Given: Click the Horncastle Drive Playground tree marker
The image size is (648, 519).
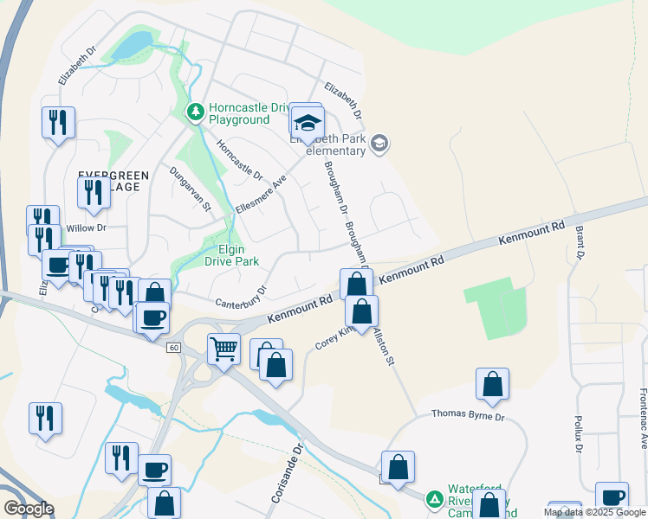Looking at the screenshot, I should (x=196, y=112).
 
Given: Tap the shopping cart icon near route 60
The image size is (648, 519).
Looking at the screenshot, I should (x=224, y=349).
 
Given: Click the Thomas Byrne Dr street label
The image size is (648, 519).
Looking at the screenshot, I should (x=468, y=416).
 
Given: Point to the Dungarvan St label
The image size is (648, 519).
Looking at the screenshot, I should (x=191, y=189).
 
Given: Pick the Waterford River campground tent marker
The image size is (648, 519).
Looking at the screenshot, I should (x=434, y=500).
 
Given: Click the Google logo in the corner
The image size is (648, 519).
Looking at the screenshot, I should (x=29, y=509).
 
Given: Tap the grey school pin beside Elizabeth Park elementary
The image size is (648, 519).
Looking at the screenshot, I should (x=379, y=143).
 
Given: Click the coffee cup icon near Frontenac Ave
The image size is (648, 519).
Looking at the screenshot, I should (x=612, y=497).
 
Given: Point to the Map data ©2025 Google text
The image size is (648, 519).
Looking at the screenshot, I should (x=594, y=512).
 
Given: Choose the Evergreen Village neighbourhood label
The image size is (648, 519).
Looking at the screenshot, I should (x=113, y=181).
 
